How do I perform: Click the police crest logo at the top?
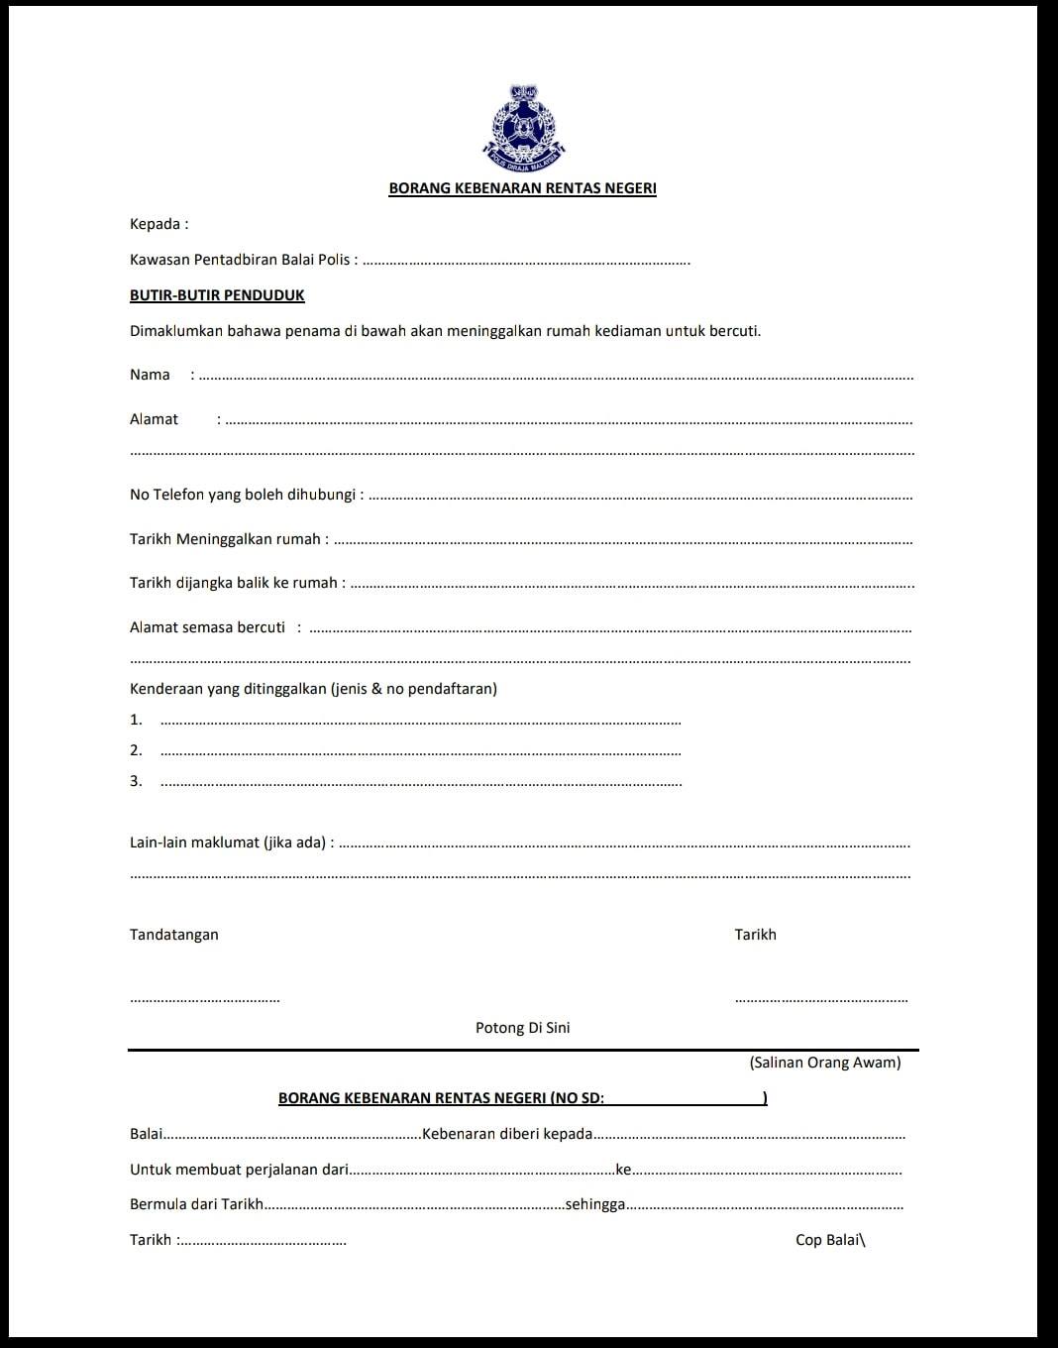click(523, 128)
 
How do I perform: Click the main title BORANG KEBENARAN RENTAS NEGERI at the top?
click(522, 188)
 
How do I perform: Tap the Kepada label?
click(159, 224)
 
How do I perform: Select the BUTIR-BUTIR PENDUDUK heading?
click(217, 295)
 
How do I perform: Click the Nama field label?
click(150, 375)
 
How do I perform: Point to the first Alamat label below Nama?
click(154, 419)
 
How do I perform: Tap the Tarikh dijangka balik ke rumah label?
click(237, 583)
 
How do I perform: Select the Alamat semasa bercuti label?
click(207, 627)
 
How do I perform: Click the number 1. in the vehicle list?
click(136, 720)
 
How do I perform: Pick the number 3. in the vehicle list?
click(136, 781)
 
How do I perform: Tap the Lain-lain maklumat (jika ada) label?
click(231, 842)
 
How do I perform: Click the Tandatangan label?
click(174, 935)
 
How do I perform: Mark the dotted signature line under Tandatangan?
click(204, 1000)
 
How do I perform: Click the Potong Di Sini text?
click(522, 1028)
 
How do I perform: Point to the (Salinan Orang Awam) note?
click(825, 1063)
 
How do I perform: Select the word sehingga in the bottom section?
click(594, 1204)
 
